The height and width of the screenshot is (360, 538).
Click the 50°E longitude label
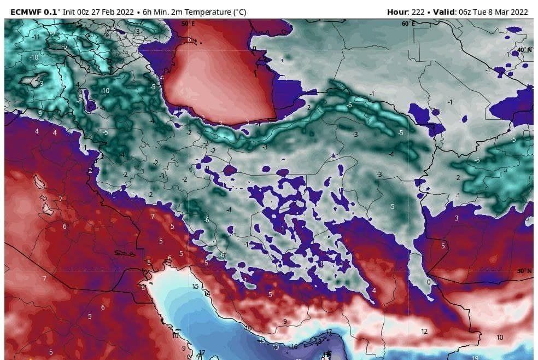click(x=188, y=24)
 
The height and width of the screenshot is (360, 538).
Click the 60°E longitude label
click(x=408, y=24)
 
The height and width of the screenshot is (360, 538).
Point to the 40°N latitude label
click(x=524, y=49)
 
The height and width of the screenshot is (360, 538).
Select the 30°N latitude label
click(x=524, y=271)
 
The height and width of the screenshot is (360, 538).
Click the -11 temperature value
click(x=37, y=37)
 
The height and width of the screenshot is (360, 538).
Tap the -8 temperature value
click(x=80, y=101)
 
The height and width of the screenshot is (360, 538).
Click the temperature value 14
click(x=207, y=294)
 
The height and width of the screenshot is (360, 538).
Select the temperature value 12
click(x=424, y=331)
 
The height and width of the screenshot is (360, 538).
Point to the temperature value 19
click(x=475, y=357)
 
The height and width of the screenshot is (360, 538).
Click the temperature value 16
click(x=294, y=347)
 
